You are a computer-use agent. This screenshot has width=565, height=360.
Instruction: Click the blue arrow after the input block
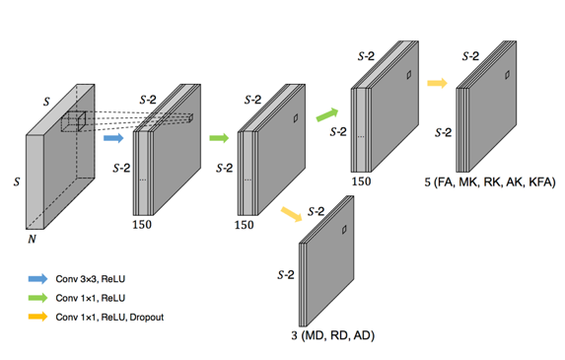click(113, 138)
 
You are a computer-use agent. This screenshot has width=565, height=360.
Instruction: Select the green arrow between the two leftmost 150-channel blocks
click(219, 138)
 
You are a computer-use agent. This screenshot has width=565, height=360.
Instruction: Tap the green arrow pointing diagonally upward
click(327, 114)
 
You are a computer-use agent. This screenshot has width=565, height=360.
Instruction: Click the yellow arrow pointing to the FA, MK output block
click(437, 83)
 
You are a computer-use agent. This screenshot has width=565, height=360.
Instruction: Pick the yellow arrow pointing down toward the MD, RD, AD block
click(291, 214)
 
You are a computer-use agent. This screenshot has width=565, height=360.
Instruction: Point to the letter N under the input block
click(32, 239)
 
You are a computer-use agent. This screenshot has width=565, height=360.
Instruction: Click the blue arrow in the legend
click(37, 278)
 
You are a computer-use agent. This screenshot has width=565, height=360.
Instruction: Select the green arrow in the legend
click(37, 298)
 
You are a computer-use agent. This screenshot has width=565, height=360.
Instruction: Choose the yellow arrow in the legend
click(37, 317)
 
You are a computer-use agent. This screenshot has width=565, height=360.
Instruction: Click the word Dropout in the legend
click(147, 318)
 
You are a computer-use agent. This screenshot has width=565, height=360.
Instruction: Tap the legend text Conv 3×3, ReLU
click(91, 279)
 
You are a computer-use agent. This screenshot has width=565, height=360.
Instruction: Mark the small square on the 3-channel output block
click(344, 230)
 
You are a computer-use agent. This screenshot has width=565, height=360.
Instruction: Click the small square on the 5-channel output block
click(507, 75)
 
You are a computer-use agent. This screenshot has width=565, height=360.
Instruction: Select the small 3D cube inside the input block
click(74, 121)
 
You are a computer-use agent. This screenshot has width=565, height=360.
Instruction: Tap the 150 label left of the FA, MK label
click(362, 181)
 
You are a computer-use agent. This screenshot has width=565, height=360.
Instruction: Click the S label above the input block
click(46, 102)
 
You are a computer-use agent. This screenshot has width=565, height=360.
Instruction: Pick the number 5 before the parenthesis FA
click(427, 182)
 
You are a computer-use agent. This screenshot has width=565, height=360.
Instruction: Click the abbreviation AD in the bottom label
click(362, 336)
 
